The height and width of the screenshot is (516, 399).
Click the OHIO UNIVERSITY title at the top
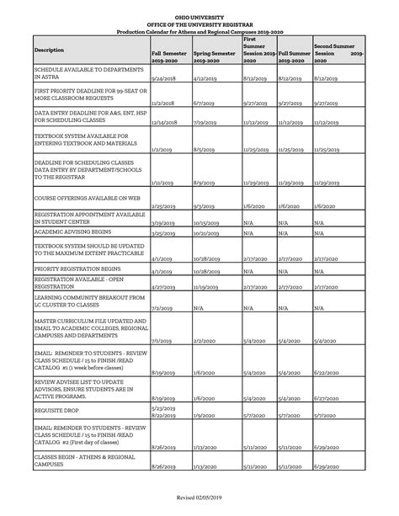pos(199,15)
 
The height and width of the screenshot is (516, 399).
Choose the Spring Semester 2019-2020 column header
pos(214,56)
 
